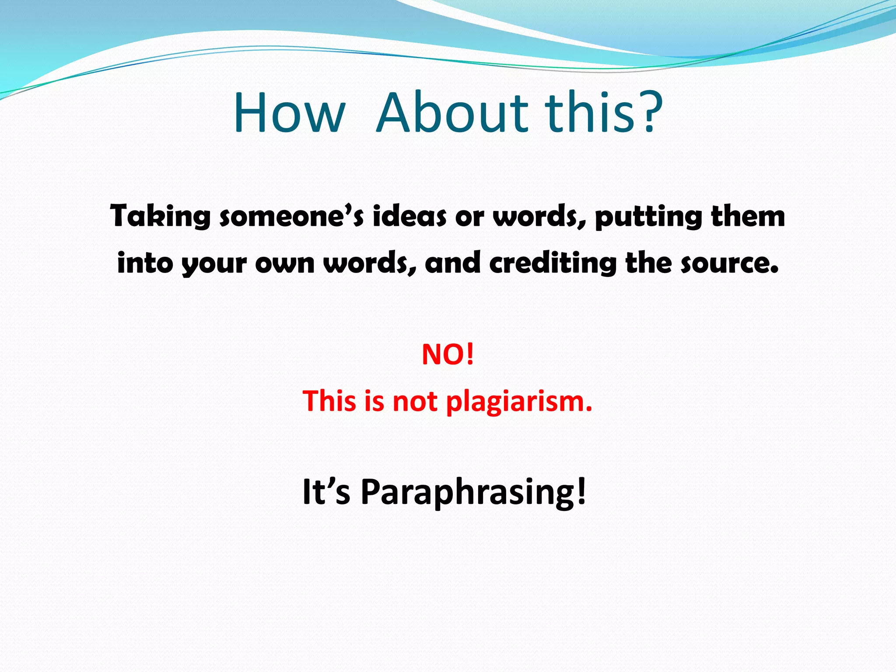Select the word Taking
pos(160,217)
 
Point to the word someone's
pos(291,216)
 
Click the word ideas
pos(409,216)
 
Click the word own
pos(285,263)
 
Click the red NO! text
pos(448,354)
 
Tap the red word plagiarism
pos(519,402)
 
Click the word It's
pos(326,492)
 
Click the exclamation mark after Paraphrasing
pos(581,491)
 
